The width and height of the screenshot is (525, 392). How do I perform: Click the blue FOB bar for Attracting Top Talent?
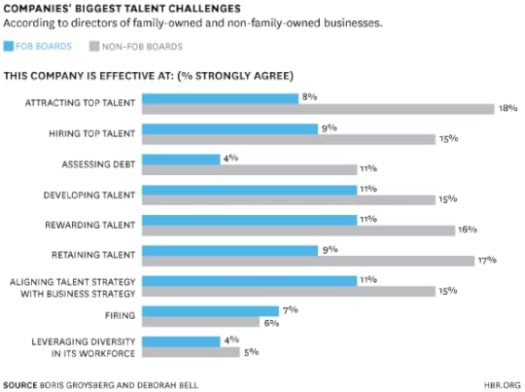pos(220,98)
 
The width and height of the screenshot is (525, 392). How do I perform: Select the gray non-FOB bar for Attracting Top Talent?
pos(318,109)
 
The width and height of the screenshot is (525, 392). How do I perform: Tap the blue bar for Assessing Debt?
pos(181,160)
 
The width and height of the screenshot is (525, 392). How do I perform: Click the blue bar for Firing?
pos(210,311)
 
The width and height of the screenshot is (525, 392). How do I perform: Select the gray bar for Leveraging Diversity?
pos(191,352)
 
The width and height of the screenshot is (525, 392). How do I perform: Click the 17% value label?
pos(486,261)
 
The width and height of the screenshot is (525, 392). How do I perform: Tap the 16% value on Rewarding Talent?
pos(467,231)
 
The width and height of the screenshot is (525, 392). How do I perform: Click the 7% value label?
pos(289,309)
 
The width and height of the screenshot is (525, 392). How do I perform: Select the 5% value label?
pos(250,352)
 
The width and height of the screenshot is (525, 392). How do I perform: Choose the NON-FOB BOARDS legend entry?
pos(135,46)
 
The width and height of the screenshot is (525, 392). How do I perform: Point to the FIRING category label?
pos(120,316)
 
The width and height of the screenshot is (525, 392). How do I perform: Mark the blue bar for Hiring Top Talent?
pos(229,128)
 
